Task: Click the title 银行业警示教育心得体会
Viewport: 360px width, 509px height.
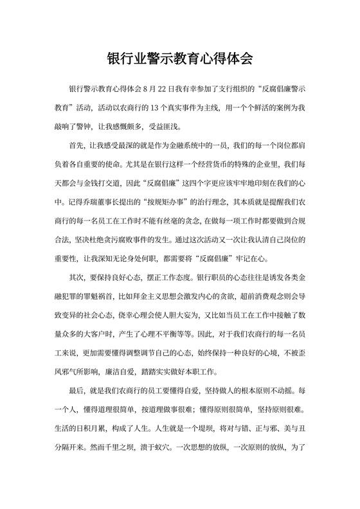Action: pyautogui.click(x=180, y=60)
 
